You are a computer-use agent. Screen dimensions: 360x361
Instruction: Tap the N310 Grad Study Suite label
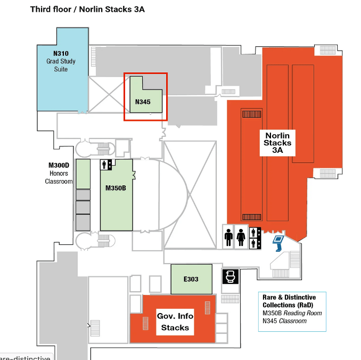[61, 61]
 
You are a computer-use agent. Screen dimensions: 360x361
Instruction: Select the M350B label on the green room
[116, 188]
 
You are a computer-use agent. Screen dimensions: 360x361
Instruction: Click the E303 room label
[191, 279]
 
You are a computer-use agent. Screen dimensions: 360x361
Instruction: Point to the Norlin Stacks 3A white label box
[278, 142]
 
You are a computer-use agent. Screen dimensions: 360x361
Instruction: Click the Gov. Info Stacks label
[175, 322]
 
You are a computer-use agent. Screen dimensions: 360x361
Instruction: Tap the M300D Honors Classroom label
[59, 174]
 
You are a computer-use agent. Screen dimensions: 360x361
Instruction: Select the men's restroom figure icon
[229, 237]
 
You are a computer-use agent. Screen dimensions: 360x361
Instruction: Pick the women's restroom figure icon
[242, 237]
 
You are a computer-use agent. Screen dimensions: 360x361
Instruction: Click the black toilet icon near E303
[230, 277]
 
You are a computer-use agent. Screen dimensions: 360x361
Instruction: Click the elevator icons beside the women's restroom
[255, 237]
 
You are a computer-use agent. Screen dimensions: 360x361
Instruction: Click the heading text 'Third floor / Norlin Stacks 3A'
[87, 9]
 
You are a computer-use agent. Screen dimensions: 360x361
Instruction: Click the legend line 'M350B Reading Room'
[292, 313]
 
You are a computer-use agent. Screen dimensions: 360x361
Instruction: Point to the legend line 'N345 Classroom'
[284, 321]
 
